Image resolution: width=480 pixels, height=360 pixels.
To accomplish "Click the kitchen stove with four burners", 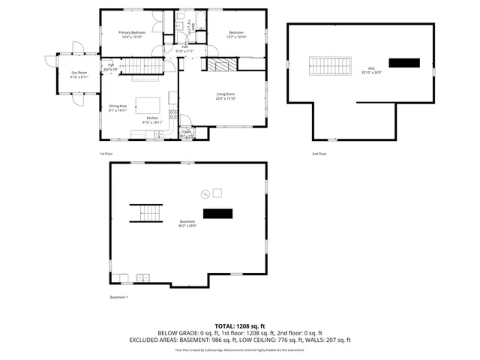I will point(173,115).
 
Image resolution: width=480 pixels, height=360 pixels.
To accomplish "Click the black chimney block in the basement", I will point(218,214).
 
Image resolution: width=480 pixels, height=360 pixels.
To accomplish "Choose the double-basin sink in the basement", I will point(143,278).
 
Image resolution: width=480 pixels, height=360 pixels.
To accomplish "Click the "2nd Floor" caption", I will point(319,154).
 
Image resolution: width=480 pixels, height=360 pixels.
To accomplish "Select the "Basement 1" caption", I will point(119,298).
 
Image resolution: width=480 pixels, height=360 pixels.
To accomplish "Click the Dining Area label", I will point(118,108).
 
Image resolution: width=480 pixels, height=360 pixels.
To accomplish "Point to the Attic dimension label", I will point(370,72).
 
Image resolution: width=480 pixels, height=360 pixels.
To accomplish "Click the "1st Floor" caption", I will point(106,154).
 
